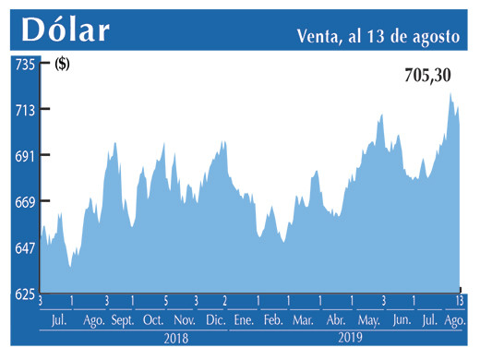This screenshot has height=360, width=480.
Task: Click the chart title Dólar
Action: (66, 30)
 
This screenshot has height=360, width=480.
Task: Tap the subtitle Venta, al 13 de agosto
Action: (378, 37)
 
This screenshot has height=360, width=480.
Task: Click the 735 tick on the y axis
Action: (23, 65)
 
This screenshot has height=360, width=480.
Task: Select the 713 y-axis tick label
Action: (23, 110)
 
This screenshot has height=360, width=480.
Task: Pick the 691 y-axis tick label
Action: (23, 156)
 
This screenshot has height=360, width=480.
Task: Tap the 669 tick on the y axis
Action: (23, 202)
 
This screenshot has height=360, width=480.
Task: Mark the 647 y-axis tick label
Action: (23, 247)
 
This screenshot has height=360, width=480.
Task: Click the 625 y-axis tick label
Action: (23, 294)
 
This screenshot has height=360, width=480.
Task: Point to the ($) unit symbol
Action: (62, 65)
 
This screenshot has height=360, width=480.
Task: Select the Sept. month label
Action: (122, 319)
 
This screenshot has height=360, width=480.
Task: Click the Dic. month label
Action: (215, 319)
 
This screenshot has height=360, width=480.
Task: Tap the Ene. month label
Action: (244, 319)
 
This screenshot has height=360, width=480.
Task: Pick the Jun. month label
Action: (402, 319)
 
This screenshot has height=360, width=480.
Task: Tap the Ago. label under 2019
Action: (455, 319)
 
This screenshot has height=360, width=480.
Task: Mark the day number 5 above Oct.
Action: (165, 301)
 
